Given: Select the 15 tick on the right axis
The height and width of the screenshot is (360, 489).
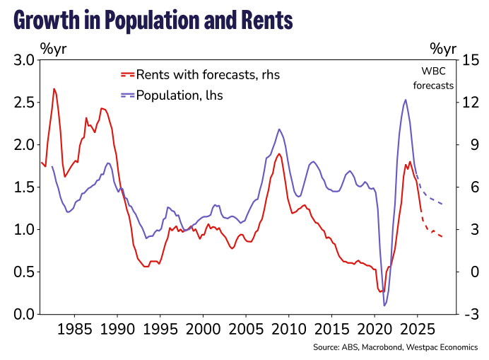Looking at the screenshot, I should (471, 60).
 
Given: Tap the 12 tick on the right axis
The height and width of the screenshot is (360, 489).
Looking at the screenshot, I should (471, 103).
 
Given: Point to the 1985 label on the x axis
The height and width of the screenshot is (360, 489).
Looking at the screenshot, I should (74, 330).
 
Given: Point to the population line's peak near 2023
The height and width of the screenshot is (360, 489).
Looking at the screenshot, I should (405, 100).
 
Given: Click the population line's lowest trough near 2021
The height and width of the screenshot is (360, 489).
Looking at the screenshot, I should (385, 306).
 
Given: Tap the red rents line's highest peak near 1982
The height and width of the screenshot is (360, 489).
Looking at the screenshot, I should (54, 89).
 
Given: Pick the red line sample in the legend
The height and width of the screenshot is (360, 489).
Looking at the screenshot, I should (127, 74).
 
